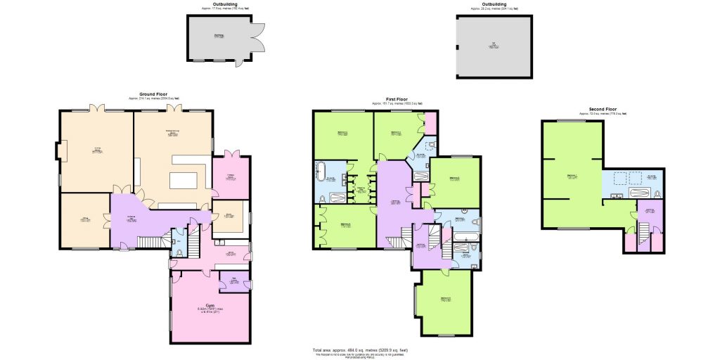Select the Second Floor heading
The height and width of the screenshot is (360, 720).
pos(603,109)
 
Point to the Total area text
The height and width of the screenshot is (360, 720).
pos(360,350)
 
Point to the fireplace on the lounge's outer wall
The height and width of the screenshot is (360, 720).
pos(60,151)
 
